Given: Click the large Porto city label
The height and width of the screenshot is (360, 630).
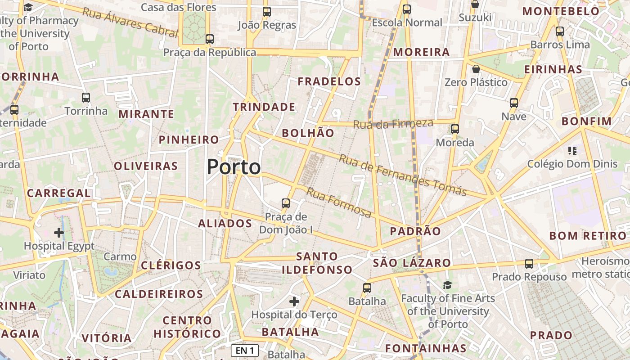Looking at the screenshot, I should tap(234, 167).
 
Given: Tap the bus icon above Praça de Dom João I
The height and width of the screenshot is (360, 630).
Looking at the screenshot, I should tap(285, 203).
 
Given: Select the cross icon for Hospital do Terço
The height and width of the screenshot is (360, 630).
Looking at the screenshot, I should tap(294, 301).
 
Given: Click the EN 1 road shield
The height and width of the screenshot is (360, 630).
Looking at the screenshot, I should tap(244, 350).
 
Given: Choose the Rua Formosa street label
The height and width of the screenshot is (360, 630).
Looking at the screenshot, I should tap(339, 202).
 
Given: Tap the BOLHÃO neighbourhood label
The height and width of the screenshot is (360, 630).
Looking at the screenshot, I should tap(308, 133).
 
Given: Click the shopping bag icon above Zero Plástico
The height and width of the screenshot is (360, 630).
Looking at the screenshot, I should tap(476, 69).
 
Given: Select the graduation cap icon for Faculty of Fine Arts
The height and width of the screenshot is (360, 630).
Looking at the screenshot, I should tap(447, 285).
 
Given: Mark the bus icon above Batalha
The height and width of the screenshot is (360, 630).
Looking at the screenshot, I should tap(367, 288).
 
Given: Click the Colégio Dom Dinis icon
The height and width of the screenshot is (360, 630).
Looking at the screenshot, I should tap(572, 150).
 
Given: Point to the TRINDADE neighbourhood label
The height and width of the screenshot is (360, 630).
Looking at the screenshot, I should tap(264, 107).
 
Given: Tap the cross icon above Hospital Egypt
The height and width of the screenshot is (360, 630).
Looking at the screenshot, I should tap(59, 233).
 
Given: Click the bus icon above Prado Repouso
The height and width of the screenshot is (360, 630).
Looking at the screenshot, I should tap(529, 263).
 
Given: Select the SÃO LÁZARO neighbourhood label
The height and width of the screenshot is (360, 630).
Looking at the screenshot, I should tap(412, 263).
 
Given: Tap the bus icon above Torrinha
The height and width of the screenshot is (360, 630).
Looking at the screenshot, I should tap(86, 97).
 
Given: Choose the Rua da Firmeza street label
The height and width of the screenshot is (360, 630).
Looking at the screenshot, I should tap(393, 124).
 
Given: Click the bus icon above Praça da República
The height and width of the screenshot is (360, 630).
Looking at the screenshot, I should tap(210, 39).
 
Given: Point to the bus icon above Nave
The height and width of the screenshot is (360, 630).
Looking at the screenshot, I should tap(514, 103).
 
